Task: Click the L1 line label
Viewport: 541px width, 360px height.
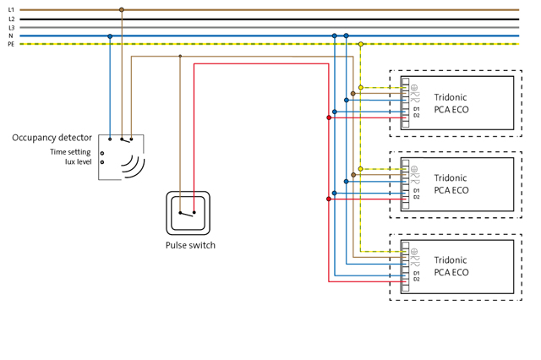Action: pyautogui.click(x=11, y=10)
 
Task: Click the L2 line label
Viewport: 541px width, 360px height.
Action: pyautogui.click(x=11, y=19)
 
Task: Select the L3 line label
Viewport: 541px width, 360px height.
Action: pyautogui.click(x=11, y=28)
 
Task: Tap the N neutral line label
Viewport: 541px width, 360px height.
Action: pyautogui.click(x=11, y=36)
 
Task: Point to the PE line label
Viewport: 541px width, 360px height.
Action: pyautogui.click(x=11, y=44)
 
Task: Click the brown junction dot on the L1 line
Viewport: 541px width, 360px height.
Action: pyautogui.click(x=122, y=10)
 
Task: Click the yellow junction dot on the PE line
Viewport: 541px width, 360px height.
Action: pyautogui.click(x=361, y=44)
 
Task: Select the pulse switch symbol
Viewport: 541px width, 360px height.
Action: pyautogui.click(x=188, y=213)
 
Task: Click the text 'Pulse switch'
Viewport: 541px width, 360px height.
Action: pyautogui.click(x=190, y=245)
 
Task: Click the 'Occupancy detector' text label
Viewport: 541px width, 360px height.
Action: pyautogui.click(x=52, y=138)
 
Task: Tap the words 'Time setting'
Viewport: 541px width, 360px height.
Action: pyautogui.click(x=70, y=152)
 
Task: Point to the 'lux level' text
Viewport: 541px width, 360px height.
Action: pyautogui.click(x=79, y=161)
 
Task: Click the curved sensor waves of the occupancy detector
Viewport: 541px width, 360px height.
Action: pyautogui.click(x=133, y=166)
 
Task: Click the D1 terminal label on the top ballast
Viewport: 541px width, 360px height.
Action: pyautogui.click(x=417, y=109)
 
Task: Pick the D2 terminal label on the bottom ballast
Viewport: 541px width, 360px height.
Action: pyautogui.click(x=417, y=279)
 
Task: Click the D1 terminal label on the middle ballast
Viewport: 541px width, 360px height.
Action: pyautogui.click(x=417, y=191)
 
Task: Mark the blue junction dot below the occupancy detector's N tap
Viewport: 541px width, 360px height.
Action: pyautogui.click(x=110, y=36)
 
